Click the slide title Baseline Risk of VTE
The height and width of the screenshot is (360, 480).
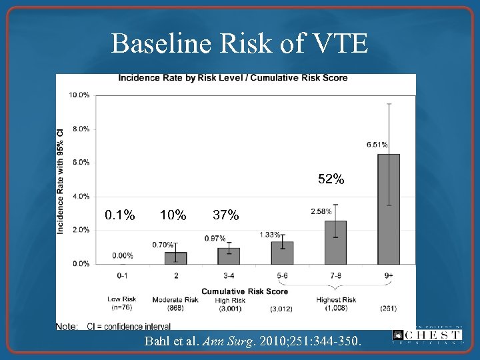point(239,44)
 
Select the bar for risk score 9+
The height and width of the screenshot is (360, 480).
point(389,209)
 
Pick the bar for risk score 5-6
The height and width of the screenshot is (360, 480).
point(282,253)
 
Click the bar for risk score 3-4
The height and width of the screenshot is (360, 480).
point(229,255)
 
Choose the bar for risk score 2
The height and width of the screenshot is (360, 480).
point(175,258)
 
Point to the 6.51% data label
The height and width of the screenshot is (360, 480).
point(377,144)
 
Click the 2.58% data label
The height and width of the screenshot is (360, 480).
point(321,211)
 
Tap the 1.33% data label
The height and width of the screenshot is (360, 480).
point(270,235)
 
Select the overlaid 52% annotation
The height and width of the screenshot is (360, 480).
point(331,179)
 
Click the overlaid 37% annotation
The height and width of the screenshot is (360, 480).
point(225,215)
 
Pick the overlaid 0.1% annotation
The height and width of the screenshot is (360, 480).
point(120,215)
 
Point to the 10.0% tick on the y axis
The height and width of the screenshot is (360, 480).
point(79,95)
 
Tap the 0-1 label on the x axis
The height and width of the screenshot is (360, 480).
point(123,275)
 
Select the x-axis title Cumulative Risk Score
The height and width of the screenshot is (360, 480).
point(245,291)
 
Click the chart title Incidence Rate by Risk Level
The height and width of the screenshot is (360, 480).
point(233,78)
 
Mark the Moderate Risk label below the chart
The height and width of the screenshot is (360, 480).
point(175,300)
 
